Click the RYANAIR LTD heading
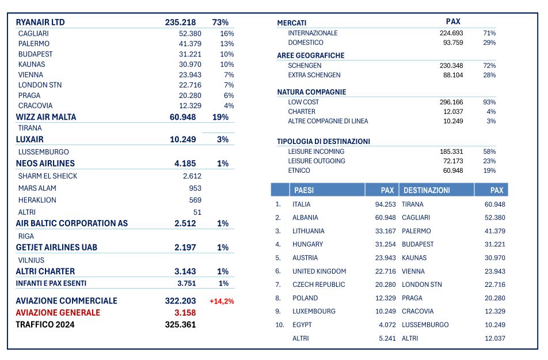(40, 22)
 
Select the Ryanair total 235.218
(180, 22)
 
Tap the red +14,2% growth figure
(222, 301)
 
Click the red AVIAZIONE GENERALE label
(58, 313)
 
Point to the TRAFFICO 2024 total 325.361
(180, 325)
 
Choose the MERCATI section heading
(292, 23)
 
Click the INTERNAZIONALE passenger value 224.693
(451, 33)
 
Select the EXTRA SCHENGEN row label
(314, 75)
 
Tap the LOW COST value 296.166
(451, 102)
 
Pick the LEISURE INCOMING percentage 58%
(489, 152)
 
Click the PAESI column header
(304, 190)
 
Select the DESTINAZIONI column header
(427, 190)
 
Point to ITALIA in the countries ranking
(302, 204)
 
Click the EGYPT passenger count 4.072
(387, 325)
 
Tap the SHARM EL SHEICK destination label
(48, 176)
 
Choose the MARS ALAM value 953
(195, 188)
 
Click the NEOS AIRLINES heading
(45, 164)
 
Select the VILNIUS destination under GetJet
(32, 261)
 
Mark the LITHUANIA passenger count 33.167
(386, 231)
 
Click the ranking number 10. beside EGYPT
(280, 325)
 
